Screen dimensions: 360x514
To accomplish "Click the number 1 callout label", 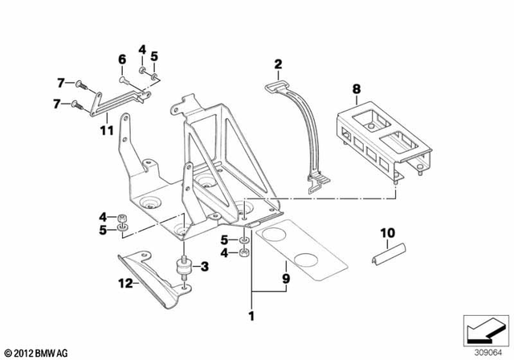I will click(253, 313).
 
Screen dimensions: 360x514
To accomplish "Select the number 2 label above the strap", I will click(278, 64).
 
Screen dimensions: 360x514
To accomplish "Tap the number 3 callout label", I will click(204, 266).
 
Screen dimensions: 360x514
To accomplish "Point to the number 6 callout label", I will click(122, 59).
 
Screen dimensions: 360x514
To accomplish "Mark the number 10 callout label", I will click(388, 233).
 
